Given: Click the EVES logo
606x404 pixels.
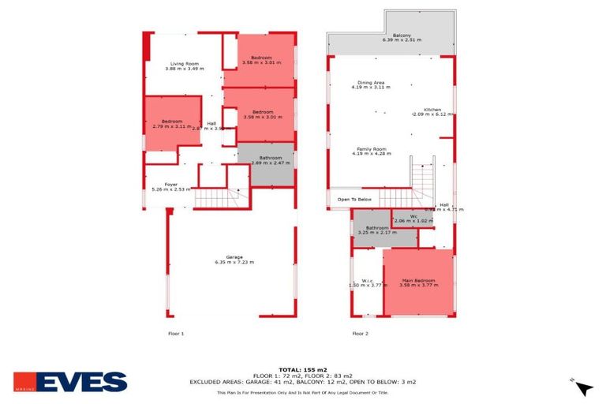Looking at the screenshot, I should click(70, 382).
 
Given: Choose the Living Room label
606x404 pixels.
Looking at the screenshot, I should click(185, 66).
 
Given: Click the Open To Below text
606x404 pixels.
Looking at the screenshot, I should click(354, 199).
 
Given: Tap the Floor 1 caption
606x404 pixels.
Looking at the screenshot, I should click(176, 334).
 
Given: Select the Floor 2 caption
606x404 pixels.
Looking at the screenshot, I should click(360, 334).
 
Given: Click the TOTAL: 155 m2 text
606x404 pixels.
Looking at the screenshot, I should click(303, 369).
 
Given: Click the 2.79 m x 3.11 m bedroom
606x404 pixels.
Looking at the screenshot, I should click(172, 124).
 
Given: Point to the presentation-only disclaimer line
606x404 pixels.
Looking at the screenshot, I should click(303, 392).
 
